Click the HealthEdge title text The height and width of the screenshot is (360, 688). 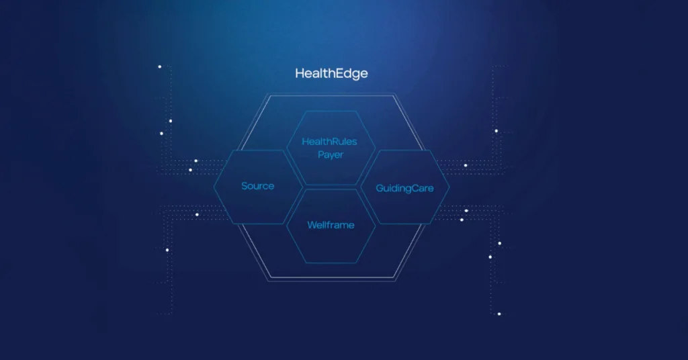(x=331, y=74)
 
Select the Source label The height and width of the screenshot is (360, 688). (x=257, y=186)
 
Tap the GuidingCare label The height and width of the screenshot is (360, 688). (x=404, y=189)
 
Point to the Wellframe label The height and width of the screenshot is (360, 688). (x=331, y=225)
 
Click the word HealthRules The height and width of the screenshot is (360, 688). (x=329, y=142)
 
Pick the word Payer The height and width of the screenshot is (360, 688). (x=331, y=154)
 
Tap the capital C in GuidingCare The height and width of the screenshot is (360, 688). (x=413, y=188)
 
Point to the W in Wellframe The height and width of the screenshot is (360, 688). (x=312, y=225)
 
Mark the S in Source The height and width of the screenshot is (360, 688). (x=245, y=186)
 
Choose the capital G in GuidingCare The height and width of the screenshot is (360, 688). (x=380, y=188)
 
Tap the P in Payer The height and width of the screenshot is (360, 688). (x=320, y=154)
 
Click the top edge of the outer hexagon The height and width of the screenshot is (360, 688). (x=331, y=95)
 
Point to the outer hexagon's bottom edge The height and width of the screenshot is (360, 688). (x=332, y=278)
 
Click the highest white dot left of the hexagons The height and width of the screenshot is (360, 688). (x=160, y=66)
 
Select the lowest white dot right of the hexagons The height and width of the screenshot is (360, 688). (x=499, y=314)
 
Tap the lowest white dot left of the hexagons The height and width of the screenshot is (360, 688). (x=167, y=250)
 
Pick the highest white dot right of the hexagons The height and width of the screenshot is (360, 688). (x=497, y=131)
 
